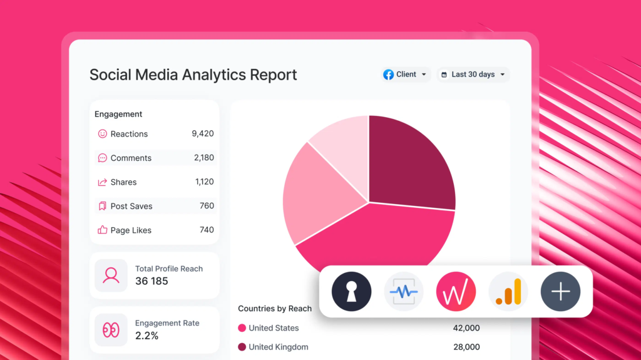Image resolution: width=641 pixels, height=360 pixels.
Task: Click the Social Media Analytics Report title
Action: coord(193,75)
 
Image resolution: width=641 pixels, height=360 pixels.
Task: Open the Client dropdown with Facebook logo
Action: coord(406,75)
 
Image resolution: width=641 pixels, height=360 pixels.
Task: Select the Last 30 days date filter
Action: coord(473,75)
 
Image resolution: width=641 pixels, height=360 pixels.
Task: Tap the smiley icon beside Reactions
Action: coord(103,133)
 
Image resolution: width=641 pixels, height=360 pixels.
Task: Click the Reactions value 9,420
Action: coord(202,133)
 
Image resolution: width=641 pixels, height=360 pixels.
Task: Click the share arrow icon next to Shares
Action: coord(103,182)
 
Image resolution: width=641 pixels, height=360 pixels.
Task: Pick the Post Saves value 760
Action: coord(207,206)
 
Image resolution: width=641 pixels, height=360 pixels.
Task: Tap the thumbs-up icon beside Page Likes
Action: coord(103,230)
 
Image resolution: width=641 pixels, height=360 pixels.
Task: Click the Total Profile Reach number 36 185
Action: coord(151,281)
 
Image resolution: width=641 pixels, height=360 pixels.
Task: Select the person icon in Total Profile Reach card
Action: coord(111,275)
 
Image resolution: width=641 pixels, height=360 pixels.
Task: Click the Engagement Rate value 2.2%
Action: coord(146,336)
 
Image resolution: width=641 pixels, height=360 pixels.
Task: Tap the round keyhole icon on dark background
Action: coord(351,292)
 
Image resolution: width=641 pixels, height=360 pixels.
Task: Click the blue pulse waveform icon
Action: coord(404,292)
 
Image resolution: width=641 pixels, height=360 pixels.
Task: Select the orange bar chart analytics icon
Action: coord(508,292)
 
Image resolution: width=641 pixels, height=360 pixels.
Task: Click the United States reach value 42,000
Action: coord(466,328)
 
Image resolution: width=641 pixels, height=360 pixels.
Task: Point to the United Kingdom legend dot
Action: coord(242,347)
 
